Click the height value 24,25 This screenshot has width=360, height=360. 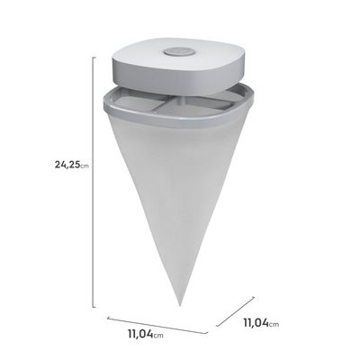coord(46,164)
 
